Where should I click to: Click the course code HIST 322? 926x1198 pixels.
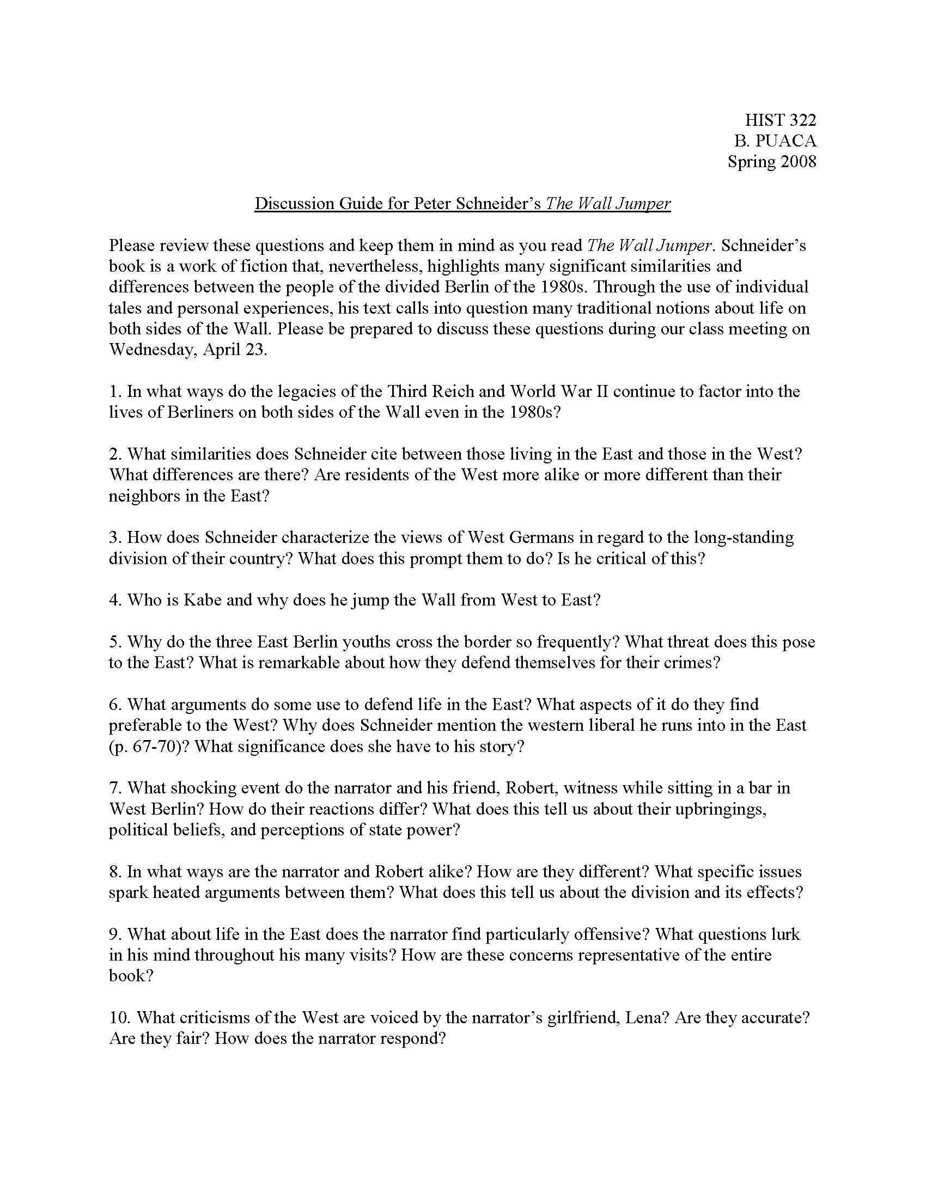pos(780,120)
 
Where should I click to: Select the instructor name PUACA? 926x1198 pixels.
pos(789,141)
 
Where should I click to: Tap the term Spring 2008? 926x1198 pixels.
pos(772,162)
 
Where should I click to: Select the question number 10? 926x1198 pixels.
pos(119,1018)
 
